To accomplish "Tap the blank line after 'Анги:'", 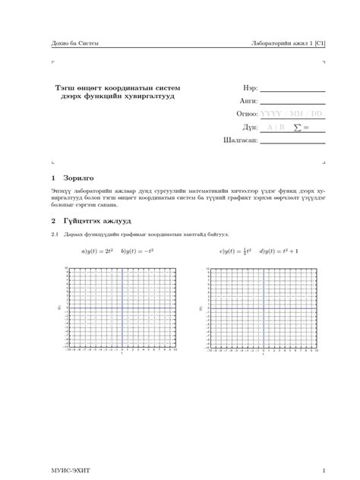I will click(x=292, y=102).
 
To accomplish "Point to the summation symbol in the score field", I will click(x=297, y=127).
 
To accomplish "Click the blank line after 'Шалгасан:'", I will click(x=292, y=141).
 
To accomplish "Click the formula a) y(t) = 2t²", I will click(x=97, y=250).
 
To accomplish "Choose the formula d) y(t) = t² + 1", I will click(x=279, y=250).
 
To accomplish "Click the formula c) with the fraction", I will click(x=236, y=250).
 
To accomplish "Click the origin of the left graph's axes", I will click(x=122, y=308).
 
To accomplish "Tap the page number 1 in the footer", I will click(x=324, y=470).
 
